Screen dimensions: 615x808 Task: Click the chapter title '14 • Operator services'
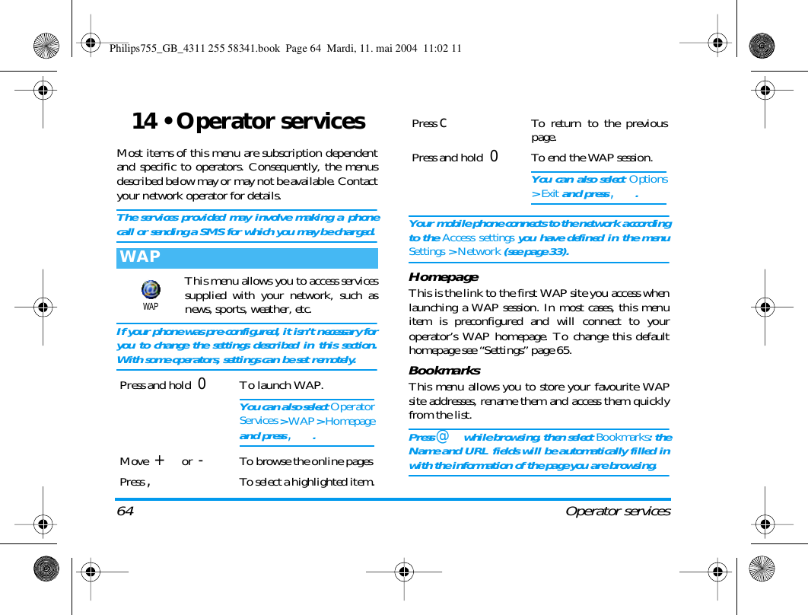[x=248, y=122]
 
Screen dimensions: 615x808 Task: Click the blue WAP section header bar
[x=247, y=257]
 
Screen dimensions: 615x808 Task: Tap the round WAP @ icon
[x=151, y=290]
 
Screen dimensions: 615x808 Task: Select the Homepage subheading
[x=444, y=277]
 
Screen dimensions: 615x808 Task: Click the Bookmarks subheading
[x=444, y=371]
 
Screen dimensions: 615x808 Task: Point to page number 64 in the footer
[x=126, y=511]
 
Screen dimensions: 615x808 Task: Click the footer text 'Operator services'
[x=618, y=511]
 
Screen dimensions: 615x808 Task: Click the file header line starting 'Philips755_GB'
[x=285, y=49]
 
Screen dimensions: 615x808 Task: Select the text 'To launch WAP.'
[x=281, y=385]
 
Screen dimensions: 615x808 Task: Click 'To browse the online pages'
[x=306, y=461]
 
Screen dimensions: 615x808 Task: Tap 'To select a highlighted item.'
[x=307, y=481]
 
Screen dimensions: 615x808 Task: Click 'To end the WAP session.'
[x=591, y=158]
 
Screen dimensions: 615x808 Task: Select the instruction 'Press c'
[x=429, y=123]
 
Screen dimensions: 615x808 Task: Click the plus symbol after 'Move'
[x=159, y=460]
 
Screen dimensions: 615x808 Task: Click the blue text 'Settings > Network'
[x=454, y=251]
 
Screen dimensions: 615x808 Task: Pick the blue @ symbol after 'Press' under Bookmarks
[x=442, y=437]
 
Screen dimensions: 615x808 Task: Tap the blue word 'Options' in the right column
[x=649, y=180]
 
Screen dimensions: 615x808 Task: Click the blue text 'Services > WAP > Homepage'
[x=307, y=421]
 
